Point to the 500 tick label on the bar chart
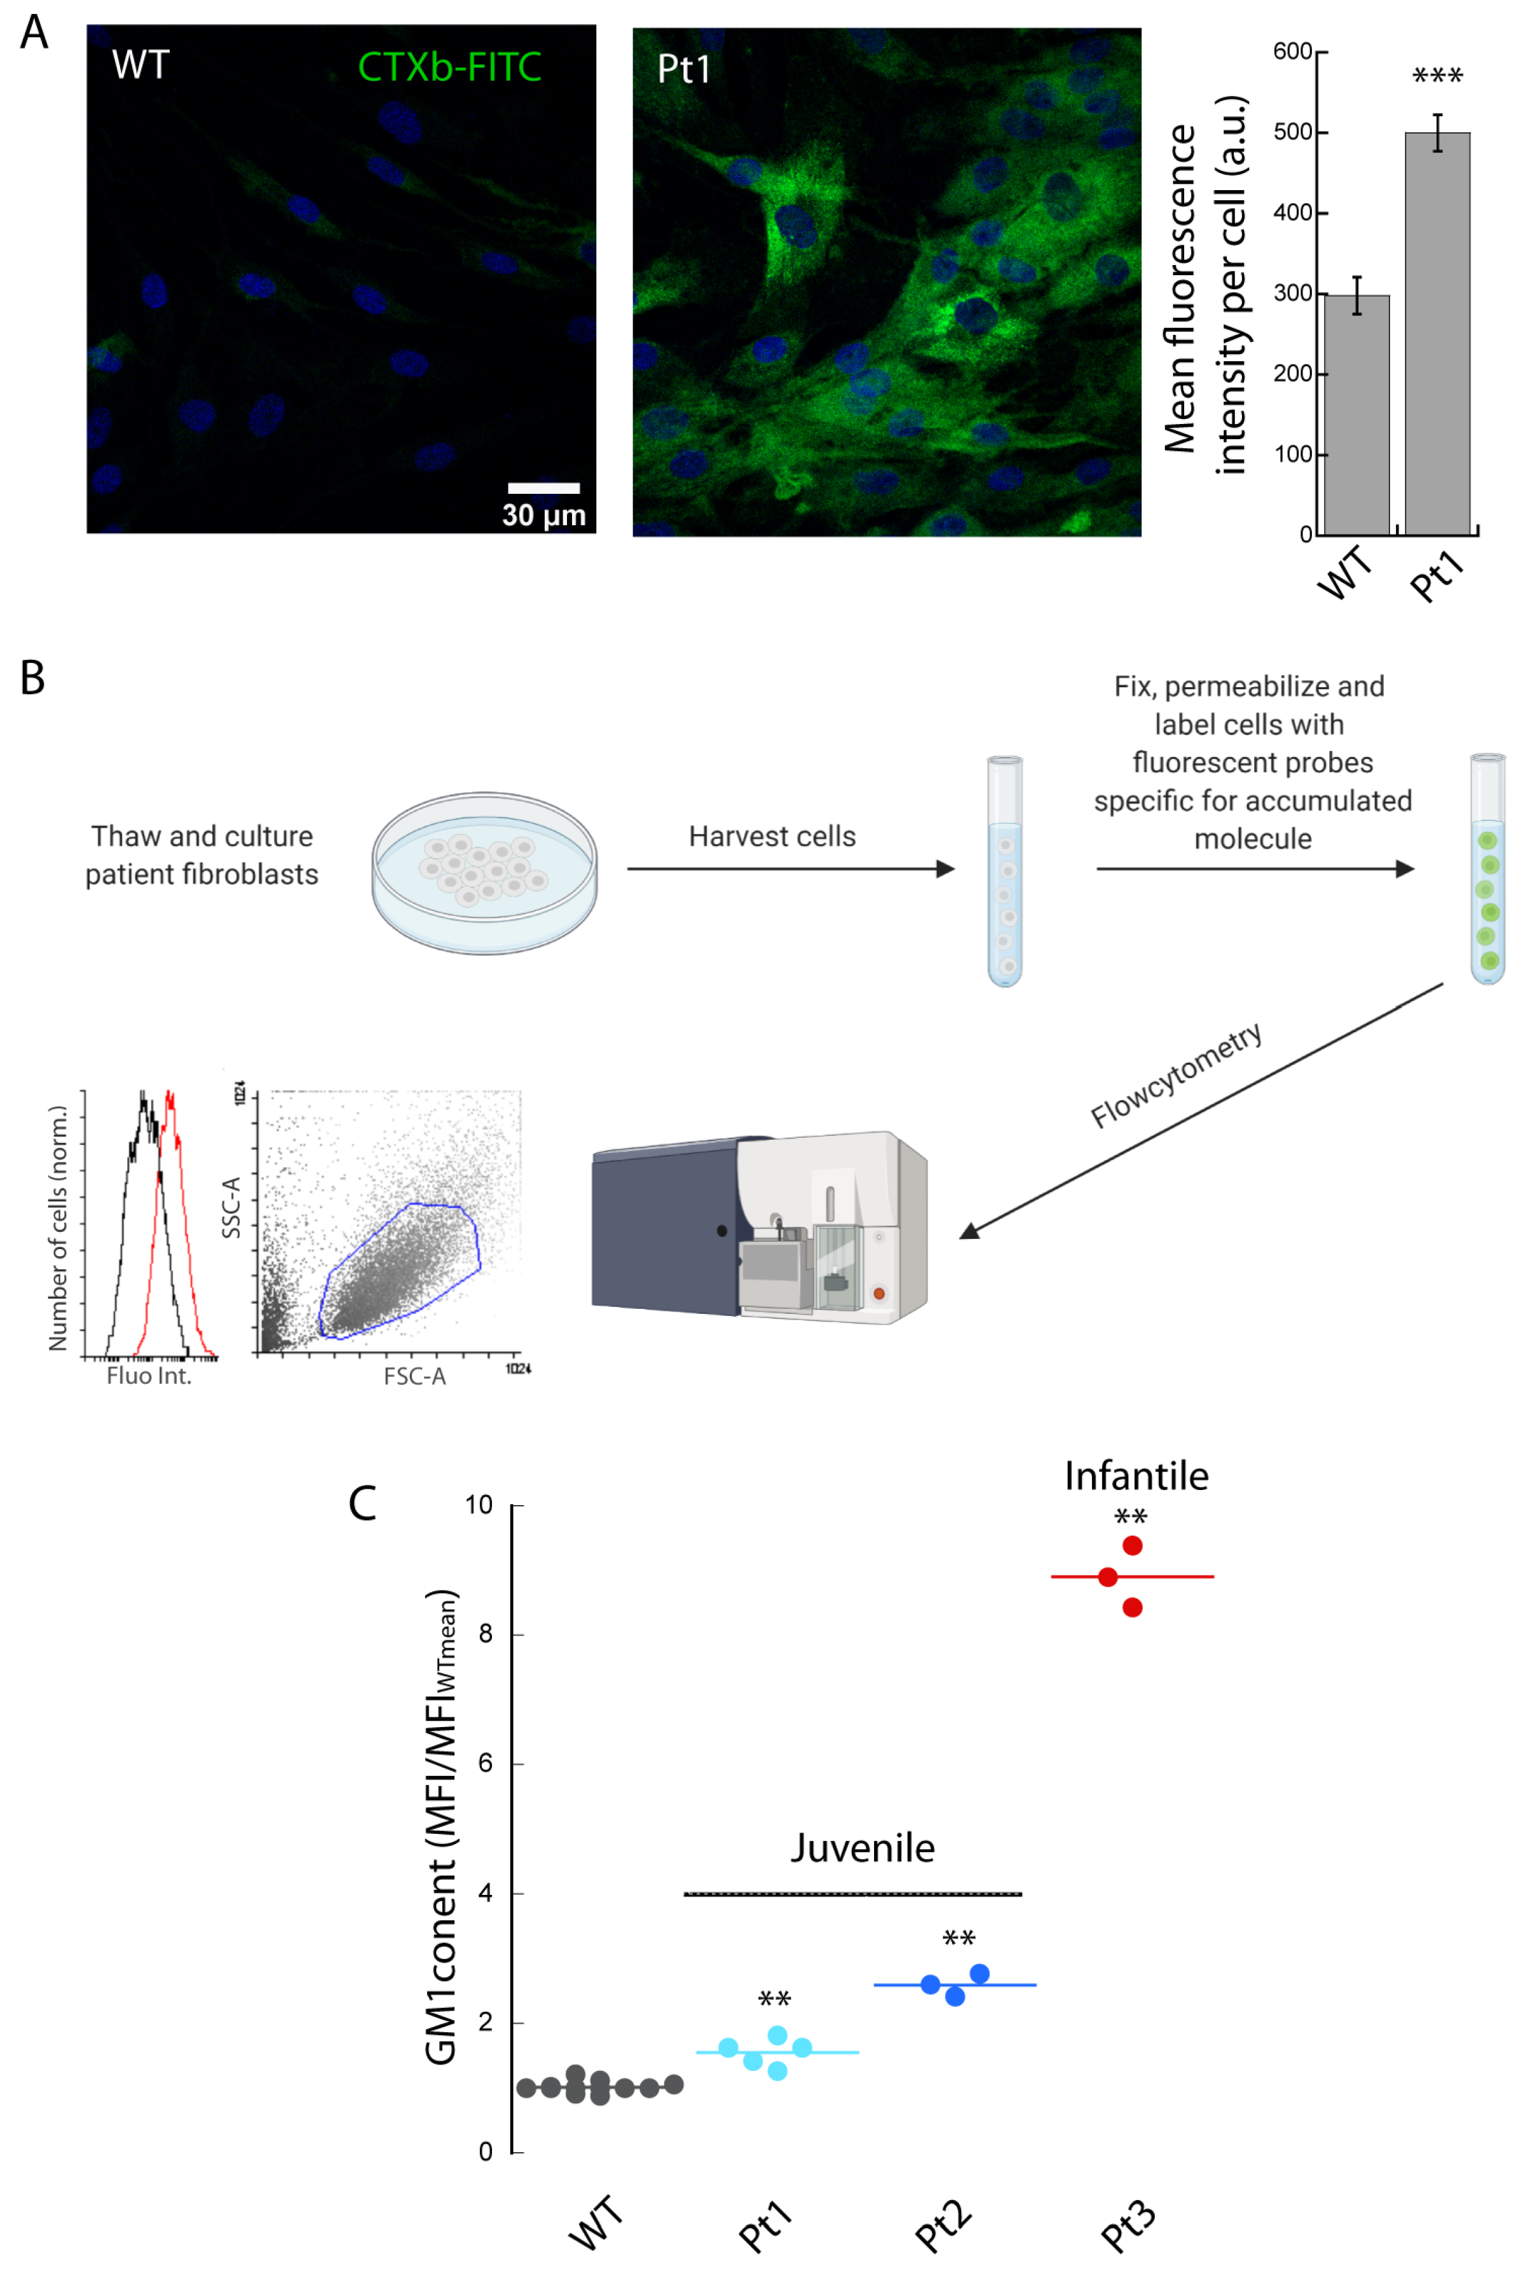[1293, 132]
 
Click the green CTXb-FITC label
[449, 67]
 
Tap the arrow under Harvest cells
[791, 868]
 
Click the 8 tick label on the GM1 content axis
[486, 1634]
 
